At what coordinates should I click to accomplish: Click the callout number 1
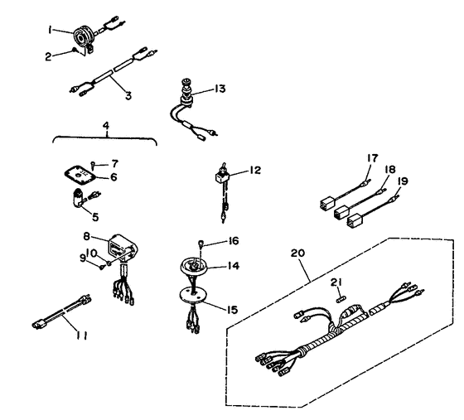51,30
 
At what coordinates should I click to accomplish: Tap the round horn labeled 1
84,36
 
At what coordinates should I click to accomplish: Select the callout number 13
220,89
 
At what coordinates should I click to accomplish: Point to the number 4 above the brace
106,125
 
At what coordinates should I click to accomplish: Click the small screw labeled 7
93,164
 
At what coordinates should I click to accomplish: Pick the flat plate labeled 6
80,175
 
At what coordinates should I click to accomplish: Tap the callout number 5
95,217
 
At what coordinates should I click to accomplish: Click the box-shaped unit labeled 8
123,248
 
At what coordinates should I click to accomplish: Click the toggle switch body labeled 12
222,176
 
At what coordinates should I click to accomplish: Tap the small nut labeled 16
201,243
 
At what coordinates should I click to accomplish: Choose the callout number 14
233,266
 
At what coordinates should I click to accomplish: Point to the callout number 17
372,158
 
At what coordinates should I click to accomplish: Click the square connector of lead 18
341,212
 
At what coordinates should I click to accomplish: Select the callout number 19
403,181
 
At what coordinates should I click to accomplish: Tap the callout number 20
297,253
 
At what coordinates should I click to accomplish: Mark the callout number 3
128,95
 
